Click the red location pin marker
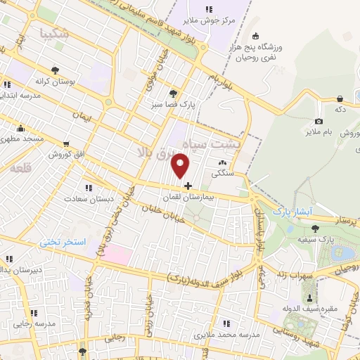click(181, 166)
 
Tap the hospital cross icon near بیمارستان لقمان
click(188, 186)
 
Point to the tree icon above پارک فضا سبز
click(173, 93)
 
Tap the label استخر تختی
click(63, 243)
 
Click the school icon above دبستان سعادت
click(88, 188)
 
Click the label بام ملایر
click(319, 131)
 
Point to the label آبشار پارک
click(291, 210)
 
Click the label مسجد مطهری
click(23, 139)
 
